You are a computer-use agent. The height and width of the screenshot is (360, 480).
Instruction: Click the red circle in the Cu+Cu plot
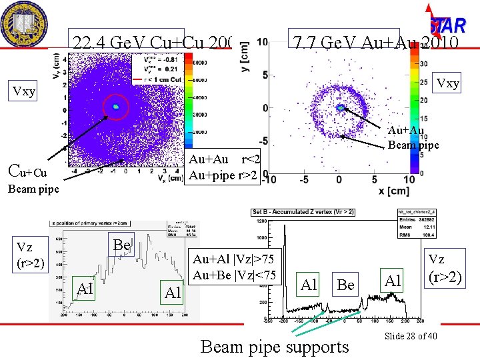[x=115, y=107]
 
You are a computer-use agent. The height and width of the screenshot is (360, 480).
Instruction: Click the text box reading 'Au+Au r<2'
[x=224, y=159]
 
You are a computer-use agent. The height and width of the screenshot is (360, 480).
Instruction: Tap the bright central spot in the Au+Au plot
[x=341, y=107]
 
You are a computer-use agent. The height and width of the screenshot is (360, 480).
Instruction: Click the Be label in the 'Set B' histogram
[x=345, y=285]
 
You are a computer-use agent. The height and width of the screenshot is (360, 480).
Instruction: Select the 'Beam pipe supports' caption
[x=274, y=347]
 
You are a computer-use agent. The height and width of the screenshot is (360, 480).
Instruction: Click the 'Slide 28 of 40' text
[x=411, y=336]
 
